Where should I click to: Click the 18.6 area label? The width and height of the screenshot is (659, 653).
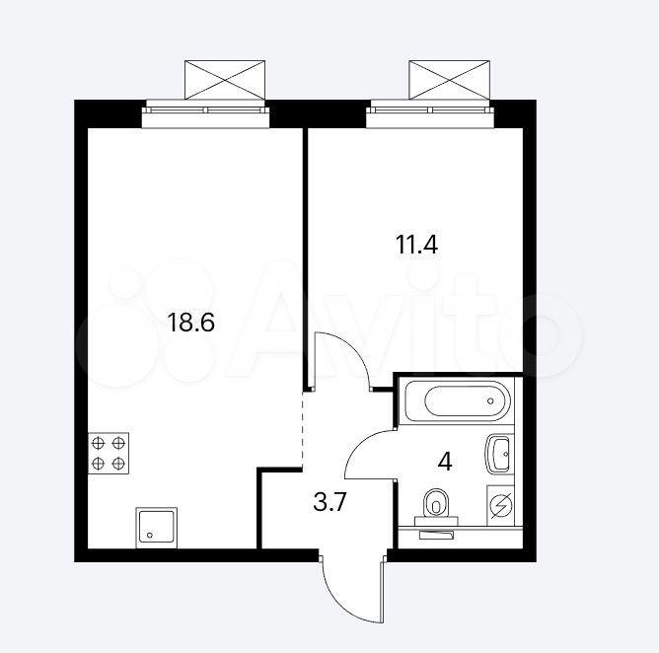(190, 323)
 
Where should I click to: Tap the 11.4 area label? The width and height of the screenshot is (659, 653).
(416, 245)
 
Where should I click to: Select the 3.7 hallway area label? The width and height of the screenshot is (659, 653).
(329, 502)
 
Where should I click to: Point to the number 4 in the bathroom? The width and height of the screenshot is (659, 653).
(445, 462)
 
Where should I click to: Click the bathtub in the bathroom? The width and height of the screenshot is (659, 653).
(458, 400)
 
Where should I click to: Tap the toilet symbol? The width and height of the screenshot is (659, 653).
(436, 507)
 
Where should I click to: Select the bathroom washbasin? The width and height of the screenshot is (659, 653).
(499, 455)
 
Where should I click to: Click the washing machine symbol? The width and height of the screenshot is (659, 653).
(500, 505)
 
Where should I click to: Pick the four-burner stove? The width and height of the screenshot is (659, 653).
(109, 454)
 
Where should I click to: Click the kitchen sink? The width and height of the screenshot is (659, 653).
(156, 528)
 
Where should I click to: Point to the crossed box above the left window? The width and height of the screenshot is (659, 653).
(225, 80)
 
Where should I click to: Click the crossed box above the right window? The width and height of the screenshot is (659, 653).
(449, 80)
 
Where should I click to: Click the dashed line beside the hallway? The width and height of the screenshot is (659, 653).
(303, 429)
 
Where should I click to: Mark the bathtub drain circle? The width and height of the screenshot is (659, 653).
(490, 400)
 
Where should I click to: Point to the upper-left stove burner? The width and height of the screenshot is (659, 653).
(98, 443)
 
